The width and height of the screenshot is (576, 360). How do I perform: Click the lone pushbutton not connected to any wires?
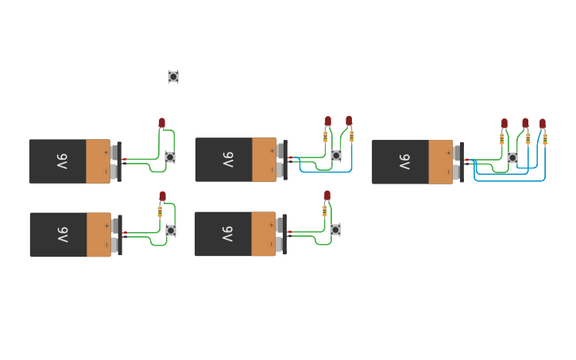(173, 76)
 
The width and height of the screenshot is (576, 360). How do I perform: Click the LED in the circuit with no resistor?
(162, 122)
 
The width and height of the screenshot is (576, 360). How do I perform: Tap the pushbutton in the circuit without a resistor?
(170, 157)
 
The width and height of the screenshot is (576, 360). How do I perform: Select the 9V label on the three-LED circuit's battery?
(404, 162)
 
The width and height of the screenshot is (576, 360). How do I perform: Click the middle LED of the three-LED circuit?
(525, 123)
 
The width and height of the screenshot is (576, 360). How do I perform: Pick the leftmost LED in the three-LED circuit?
(504, 123)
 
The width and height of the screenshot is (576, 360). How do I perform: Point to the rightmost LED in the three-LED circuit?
(543, 124)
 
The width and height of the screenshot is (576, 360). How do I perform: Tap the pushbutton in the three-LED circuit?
(512, 158)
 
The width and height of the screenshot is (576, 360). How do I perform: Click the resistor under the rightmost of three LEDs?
(545, 139)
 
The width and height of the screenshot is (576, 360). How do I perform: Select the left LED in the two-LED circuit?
(328, 121)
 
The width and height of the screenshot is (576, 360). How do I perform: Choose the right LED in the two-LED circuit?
(349, 121)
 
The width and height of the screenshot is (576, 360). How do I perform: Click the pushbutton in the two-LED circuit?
(336, 156)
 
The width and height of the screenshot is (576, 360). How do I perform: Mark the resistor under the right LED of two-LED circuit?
(352, 137)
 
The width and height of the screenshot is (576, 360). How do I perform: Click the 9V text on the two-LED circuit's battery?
(227, 160)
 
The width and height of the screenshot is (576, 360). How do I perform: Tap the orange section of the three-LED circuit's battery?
(440, 162)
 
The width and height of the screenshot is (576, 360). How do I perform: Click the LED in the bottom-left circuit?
(163, 195)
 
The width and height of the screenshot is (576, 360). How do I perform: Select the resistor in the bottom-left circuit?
(160, 211)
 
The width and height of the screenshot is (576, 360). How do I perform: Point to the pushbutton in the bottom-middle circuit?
(335, 230)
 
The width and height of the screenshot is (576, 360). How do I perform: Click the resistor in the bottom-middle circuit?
(324, 211)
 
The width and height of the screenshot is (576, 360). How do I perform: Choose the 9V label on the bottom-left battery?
(62, 234)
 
